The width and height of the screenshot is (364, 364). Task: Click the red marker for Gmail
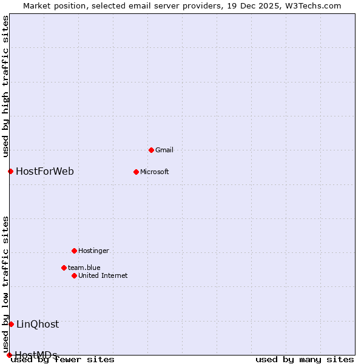point(151,150)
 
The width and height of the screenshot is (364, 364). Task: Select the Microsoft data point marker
point(136,172)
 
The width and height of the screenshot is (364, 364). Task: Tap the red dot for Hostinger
point(74,251)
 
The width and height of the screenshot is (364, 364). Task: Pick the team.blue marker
point(64,268)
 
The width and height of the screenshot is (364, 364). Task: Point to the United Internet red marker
point(74,275)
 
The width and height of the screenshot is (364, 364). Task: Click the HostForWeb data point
point(10,171)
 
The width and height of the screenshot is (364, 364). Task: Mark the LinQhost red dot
point(11,324)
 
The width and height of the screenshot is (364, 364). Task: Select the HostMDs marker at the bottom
point(9,355)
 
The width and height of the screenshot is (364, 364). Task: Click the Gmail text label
point(164,150)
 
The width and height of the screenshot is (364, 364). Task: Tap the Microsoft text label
point(155,172)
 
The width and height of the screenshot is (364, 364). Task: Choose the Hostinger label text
point(94,251)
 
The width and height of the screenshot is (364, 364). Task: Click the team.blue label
point(84,268)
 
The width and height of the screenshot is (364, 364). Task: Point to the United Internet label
point(103,275)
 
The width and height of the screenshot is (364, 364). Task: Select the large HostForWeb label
point(45,171)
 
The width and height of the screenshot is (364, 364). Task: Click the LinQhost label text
point(38,324)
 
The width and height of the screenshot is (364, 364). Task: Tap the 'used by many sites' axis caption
point(305,359)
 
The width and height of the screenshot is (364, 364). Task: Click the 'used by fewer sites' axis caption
point(63,359)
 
